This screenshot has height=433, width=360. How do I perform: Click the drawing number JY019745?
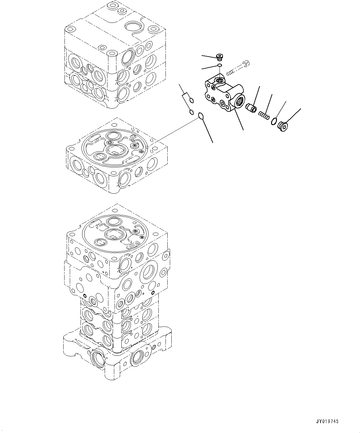point(327,421)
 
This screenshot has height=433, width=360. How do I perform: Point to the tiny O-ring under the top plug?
point(219,65)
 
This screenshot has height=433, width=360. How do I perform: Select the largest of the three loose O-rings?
point(201,116)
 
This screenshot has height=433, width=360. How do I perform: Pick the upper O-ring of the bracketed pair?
point(191,100)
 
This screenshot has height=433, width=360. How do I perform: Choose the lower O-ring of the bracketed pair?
point(191,111)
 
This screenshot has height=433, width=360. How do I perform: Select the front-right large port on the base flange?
point(137,359)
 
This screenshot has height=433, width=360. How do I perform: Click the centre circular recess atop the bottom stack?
point(115,235)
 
